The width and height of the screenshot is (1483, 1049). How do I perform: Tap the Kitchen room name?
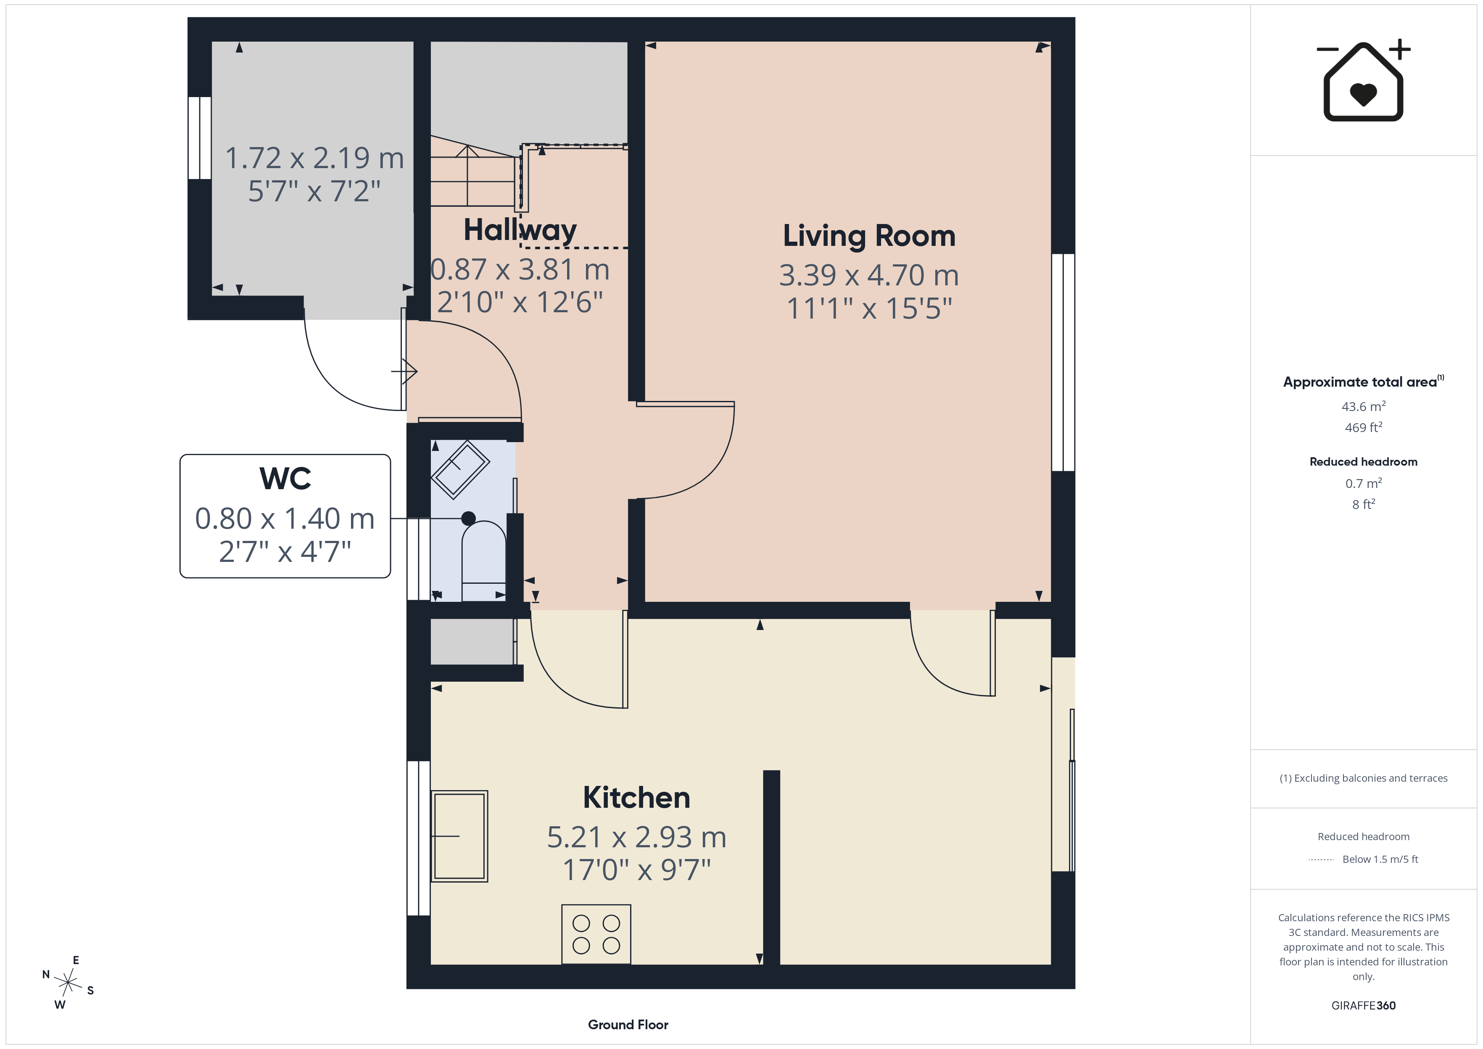tap(636, 798)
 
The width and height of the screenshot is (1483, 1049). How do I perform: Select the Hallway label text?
tap(520, 231)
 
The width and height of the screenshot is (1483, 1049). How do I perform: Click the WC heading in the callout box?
tap(285, 479)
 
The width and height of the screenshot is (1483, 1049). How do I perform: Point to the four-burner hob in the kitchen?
tap(596, 934)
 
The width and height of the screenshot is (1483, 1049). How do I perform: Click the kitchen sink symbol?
tap(459, 836)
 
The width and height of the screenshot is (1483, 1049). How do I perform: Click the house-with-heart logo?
tap(1364, 81)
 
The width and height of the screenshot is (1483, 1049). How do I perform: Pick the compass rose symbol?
tap(68, 983)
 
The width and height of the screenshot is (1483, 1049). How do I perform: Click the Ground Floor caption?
tap(628, 1025)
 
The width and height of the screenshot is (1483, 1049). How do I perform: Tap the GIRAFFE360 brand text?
tap(1364, 1005)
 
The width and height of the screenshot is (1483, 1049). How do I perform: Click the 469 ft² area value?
tap(1364, 427)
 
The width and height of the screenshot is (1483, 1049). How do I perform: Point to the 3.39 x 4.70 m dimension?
tap(869, 276)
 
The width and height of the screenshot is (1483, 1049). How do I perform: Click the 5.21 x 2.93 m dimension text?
tap(637, 838)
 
